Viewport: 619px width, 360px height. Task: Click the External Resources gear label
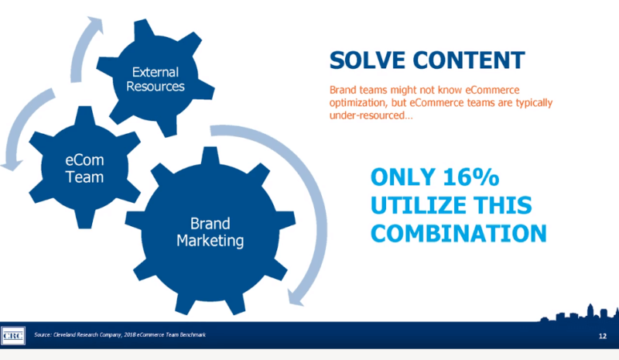coord(156,79)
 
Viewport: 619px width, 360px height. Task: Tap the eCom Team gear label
coord(84,168)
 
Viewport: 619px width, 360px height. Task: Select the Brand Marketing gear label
coord(210,232)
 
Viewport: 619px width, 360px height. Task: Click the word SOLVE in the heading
coord(367,60)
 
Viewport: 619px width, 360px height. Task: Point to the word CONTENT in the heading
coord(469,60)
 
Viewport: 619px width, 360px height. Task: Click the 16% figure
coord(471,177)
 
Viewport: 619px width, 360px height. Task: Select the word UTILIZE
coord(419,205)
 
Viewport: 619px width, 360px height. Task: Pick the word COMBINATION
coord(459,233)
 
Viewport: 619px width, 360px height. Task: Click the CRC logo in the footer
coord(13,336)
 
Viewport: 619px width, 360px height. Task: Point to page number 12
coord(603,336)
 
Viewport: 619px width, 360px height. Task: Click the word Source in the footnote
coord(43,334)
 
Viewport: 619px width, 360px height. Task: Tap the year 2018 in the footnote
coord(129,334)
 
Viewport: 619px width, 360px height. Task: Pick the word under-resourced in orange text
coord(371,115)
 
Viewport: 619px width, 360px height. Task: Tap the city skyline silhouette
coord(579,314)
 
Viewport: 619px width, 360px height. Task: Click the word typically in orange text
coord(534,103)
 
